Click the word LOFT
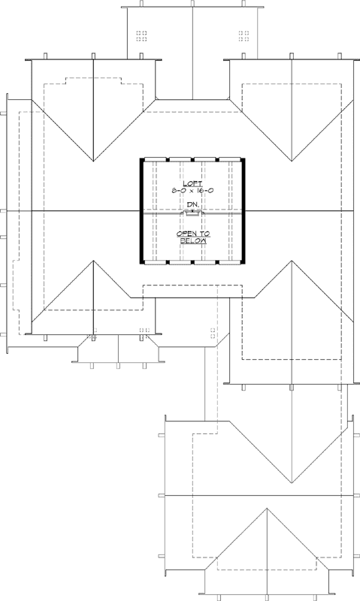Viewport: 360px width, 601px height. [x=193, y=183]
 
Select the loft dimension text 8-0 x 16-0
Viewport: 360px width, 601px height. [x=193, y=192]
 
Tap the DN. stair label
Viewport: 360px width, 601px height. [x=193, y=205]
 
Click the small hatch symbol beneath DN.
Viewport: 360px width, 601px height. [x=193, y=214]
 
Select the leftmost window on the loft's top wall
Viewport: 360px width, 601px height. [x=155, y=159]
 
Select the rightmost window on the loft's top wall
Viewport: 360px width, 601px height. [x=231, y=159]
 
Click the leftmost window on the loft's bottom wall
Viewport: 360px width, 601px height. [x=155, y=264]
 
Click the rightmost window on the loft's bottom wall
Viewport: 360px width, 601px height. [x=231, y=264]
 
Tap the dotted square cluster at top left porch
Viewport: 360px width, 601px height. [x=141, y=35]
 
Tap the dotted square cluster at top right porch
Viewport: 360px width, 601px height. [x=244, y=35]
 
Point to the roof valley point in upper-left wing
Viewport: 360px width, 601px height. [x=92, y=162]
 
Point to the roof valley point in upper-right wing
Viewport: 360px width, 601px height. [x=292, y=162]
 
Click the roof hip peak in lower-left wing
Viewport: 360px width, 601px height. [x=92, y=261]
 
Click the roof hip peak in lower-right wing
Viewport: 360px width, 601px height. [x=292, y=261]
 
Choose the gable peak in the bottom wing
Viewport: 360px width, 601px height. [x=267, y=508]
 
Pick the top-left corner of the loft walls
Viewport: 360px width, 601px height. [x=141, y=159]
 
